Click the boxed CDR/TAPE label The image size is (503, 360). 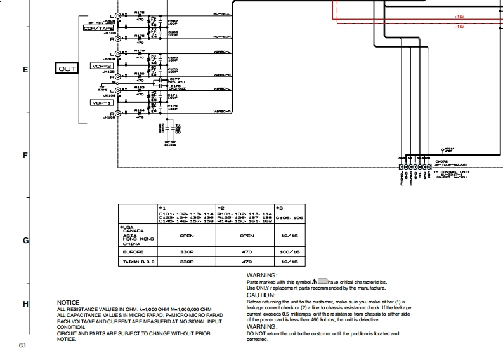point(97,29)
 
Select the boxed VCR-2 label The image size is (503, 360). point(102,66)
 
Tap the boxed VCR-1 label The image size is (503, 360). point(102,102)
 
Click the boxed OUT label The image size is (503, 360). point(67,69)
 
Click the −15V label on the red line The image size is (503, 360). point(459,27)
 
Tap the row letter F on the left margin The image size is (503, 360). point(25,155)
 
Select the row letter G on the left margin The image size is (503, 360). point(25,241)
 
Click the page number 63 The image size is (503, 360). point(22,345)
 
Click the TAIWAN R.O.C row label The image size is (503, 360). point(138,262)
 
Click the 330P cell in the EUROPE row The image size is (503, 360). point(186,252)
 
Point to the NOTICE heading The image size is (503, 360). point(69,302)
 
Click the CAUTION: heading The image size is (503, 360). point(260,295)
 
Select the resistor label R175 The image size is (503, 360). point(139,12)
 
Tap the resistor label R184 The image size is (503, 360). point(139,110)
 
